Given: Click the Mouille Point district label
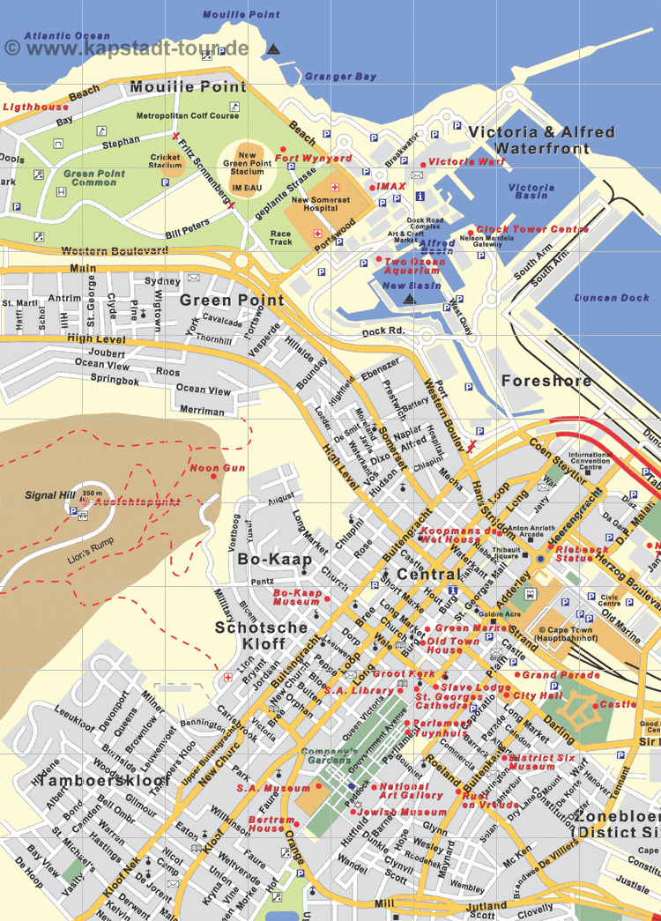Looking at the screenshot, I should click(x=188, y=87).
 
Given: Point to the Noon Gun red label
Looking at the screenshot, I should click(x=218, y=468).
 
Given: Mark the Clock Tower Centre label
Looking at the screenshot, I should click(x=532, y=229).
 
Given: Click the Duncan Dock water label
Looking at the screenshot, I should click(x=611, y=298).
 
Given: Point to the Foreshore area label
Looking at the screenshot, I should click(x=546, y=381).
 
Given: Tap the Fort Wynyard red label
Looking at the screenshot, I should click(x=313, y=159).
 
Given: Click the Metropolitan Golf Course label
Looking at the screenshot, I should click(x=187, y=115).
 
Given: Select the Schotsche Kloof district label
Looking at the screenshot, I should click(x=261, y=635).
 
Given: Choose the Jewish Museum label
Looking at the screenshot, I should click(x=404, y=812).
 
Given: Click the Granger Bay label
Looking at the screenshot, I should click(x=340, y=77).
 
